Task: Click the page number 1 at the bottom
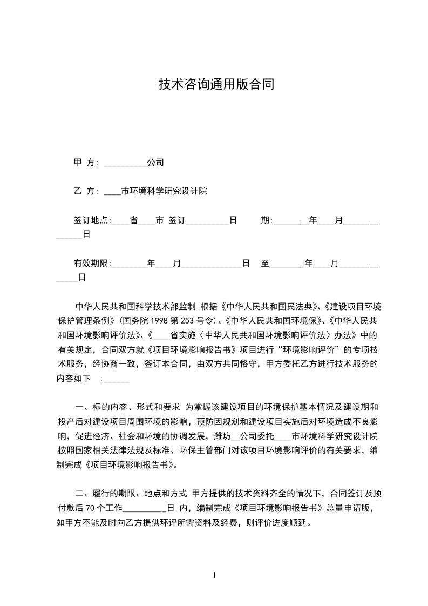click(215, 575)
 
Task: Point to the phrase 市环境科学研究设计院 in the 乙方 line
click(164, 191)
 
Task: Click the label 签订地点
click(91, 220)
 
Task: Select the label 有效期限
click(91, 264)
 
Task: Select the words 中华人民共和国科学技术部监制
click(135, 306)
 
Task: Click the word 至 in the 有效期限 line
click(265, 264)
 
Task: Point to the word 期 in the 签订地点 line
click(265, 220)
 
